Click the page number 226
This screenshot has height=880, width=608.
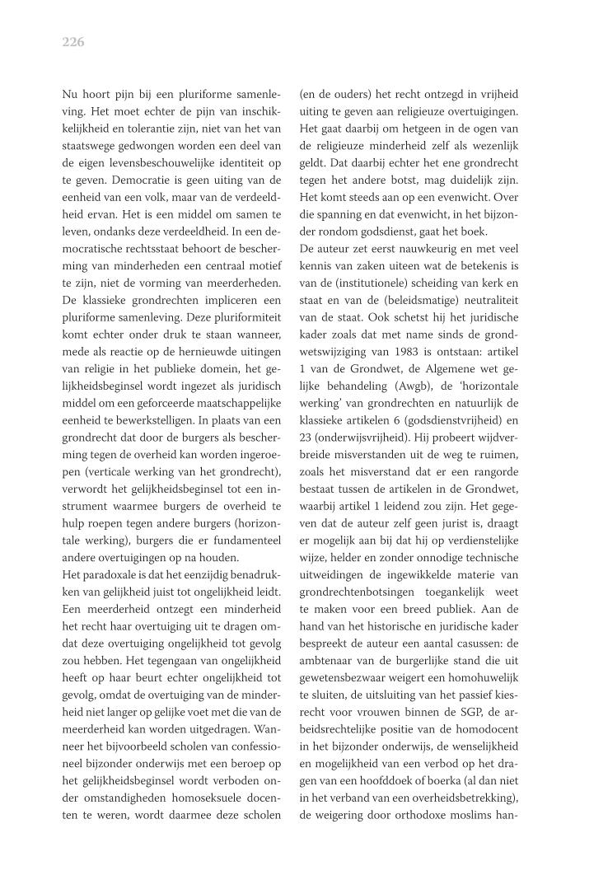pos(73,42)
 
